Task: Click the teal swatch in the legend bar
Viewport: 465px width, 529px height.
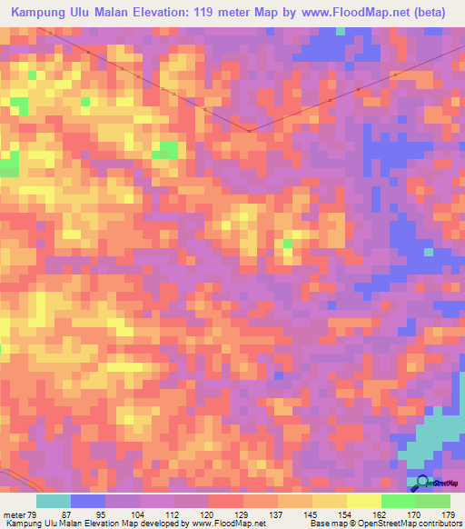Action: (54, 501)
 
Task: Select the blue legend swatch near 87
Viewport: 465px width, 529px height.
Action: (88, 501)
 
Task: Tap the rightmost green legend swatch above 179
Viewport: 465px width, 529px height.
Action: (433, 501)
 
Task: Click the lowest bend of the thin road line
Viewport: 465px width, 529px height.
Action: (248, 132)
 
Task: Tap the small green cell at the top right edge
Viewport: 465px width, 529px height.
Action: (340, 31)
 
